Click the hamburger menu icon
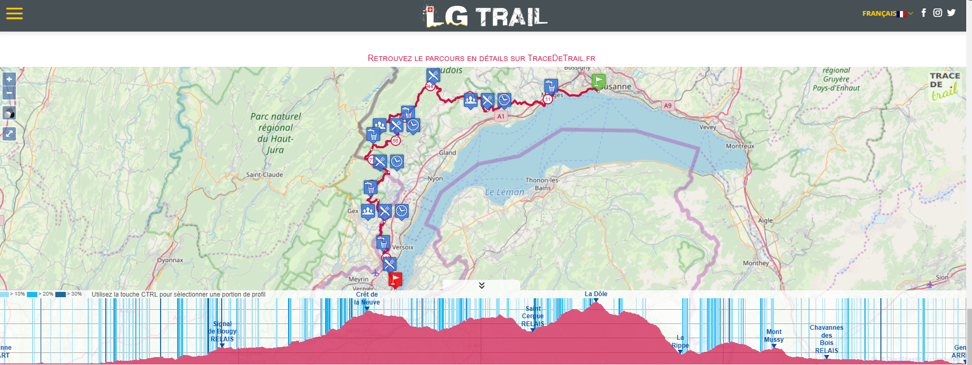tap(14, 14)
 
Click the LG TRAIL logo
tap(485, 16)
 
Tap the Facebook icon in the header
tap(924, 13)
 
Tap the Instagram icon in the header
tap(937, 13)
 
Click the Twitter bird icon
tap(951, 13)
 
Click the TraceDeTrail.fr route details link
tap(481, 58)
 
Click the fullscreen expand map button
tap(9, 134)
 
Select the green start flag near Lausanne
tap(599, 82)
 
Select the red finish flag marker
tap(395, 279)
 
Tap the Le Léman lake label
tap(504, 192)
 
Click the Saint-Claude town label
tap(264, 175)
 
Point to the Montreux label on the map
tap(740, 146)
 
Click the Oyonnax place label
tap(170, 260)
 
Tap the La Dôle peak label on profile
tap(596, 295)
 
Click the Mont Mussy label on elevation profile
tap(773, 336)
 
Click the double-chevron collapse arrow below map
tap(481, 285)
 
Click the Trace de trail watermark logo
tap(945, 86)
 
